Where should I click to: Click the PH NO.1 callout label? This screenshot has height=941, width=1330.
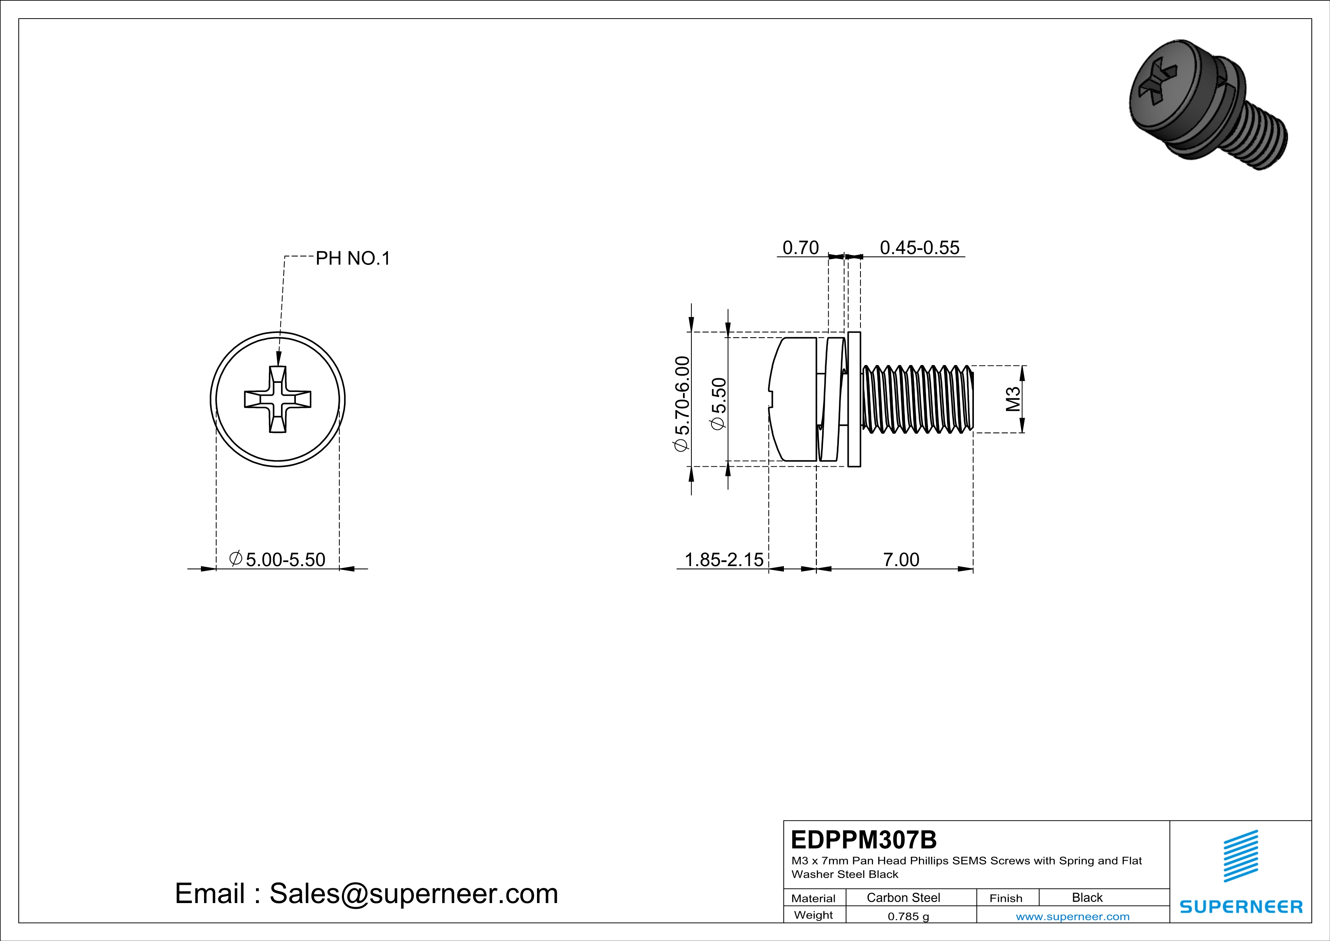click(x=353, y=258)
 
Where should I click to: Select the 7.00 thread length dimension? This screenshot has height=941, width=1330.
click(x=901, y=560)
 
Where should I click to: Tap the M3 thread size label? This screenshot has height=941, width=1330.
click(x=1013, y=399)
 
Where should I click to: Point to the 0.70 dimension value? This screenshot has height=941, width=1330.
click(x=801, y=248)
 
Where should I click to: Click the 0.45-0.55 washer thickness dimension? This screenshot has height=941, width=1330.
click(x=919, y=248)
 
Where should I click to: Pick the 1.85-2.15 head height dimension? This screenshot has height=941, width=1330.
click(x=724, y=560)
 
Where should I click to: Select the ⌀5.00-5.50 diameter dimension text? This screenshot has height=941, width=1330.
click(x=278, y=560)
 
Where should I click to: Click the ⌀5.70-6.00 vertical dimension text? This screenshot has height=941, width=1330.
click(x=682, y=404)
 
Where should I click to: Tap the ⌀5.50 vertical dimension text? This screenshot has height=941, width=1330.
click(x=718, y=404)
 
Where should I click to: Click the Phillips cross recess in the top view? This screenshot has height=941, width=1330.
click(x=278, y=399)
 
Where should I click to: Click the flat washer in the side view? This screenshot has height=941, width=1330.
click(x=854, y=399)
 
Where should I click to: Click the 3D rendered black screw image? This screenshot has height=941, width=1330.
click(x=1208, y=104)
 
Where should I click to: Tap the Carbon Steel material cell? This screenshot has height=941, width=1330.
click(x=903, y=897)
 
